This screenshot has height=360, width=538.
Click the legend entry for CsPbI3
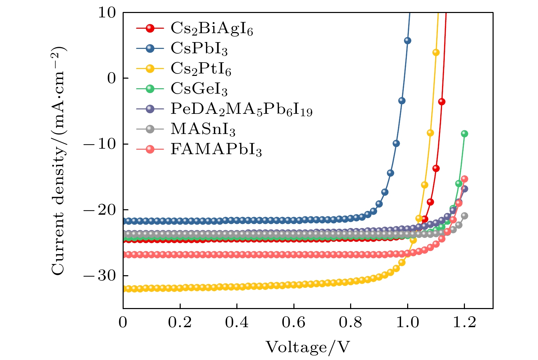point(199,49)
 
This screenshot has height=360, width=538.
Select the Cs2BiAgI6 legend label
point(212,29)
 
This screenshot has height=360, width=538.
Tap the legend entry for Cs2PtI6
point(201,69)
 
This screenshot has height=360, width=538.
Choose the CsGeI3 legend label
point(199,89)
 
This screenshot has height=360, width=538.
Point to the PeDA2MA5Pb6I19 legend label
point(241,109)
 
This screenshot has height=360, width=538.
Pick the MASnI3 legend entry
point(203,129)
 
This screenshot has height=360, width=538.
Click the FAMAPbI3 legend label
point(216,149)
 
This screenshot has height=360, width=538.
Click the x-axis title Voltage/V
point(308,347)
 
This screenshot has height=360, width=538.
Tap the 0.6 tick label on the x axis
point(294,323)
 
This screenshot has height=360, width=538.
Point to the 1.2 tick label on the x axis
point(465,323)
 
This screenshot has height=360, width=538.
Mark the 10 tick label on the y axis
point(107,13)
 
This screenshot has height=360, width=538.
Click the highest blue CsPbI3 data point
point(408,41)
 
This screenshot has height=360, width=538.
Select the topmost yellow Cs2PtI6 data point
point(436,52)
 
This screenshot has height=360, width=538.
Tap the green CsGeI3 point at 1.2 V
point(464,134)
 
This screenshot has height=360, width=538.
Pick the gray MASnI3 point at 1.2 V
point(465,216)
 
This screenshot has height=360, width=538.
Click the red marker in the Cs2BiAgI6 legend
point(150,28)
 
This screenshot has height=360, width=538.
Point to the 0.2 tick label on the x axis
point(180,323)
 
